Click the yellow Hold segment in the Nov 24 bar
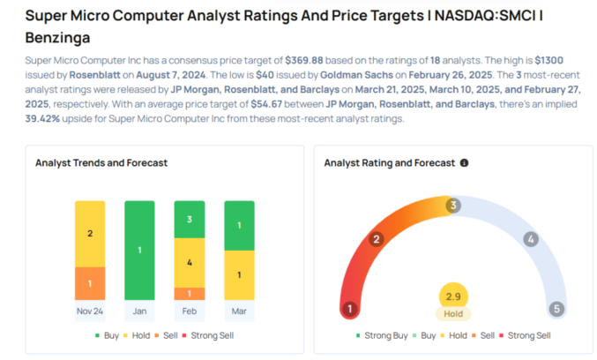89,234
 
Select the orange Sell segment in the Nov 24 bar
89,283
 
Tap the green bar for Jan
139,251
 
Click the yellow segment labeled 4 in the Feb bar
190,262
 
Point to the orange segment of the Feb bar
190,293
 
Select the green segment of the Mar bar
240,225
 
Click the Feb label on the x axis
190,311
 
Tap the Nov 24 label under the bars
89,311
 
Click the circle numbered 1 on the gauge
351,309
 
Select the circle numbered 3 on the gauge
453,206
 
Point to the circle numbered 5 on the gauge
556,309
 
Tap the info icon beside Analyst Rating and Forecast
464,163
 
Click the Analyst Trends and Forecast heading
101,163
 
